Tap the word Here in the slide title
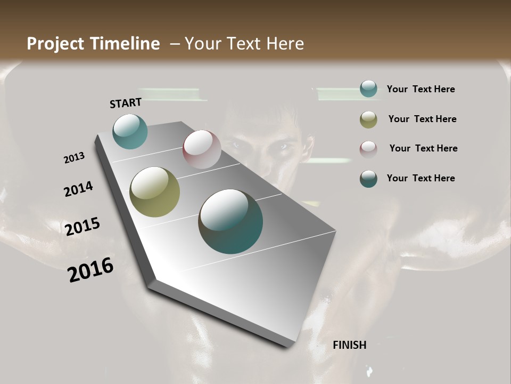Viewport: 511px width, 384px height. coord(285,44)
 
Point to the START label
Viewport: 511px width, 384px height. coord(126,103)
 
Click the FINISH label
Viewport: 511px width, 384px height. coord(349,345)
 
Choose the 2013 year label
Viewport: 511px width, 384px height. coord(74,158)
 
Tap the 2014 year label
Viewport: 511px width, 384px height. coord(78,189)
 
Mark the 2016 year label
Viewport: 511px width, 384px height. coord(90,270)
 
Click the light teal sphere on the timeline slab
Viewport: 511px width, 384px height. coord(130,131)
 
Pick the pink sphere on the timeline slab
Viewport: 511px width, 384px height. coord(202,149)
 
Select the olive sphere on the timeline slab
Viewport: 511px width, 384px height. coord(154,192)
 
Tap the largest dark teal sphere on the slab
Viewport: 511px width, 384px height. coord(230,221)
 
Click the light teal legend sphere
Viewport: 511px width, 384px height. coord(368,89)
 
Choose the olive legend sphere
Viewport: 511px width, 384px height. coord(368,119)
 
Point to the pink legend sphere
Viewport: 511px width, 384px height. coord(368,149)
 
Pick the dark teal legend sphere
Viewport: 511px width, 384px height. coord(368,179)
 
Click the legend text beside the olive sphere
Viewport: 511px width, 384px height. coord(422,119)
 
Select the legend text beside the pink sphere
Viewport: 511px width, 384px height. coord(423,148)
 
